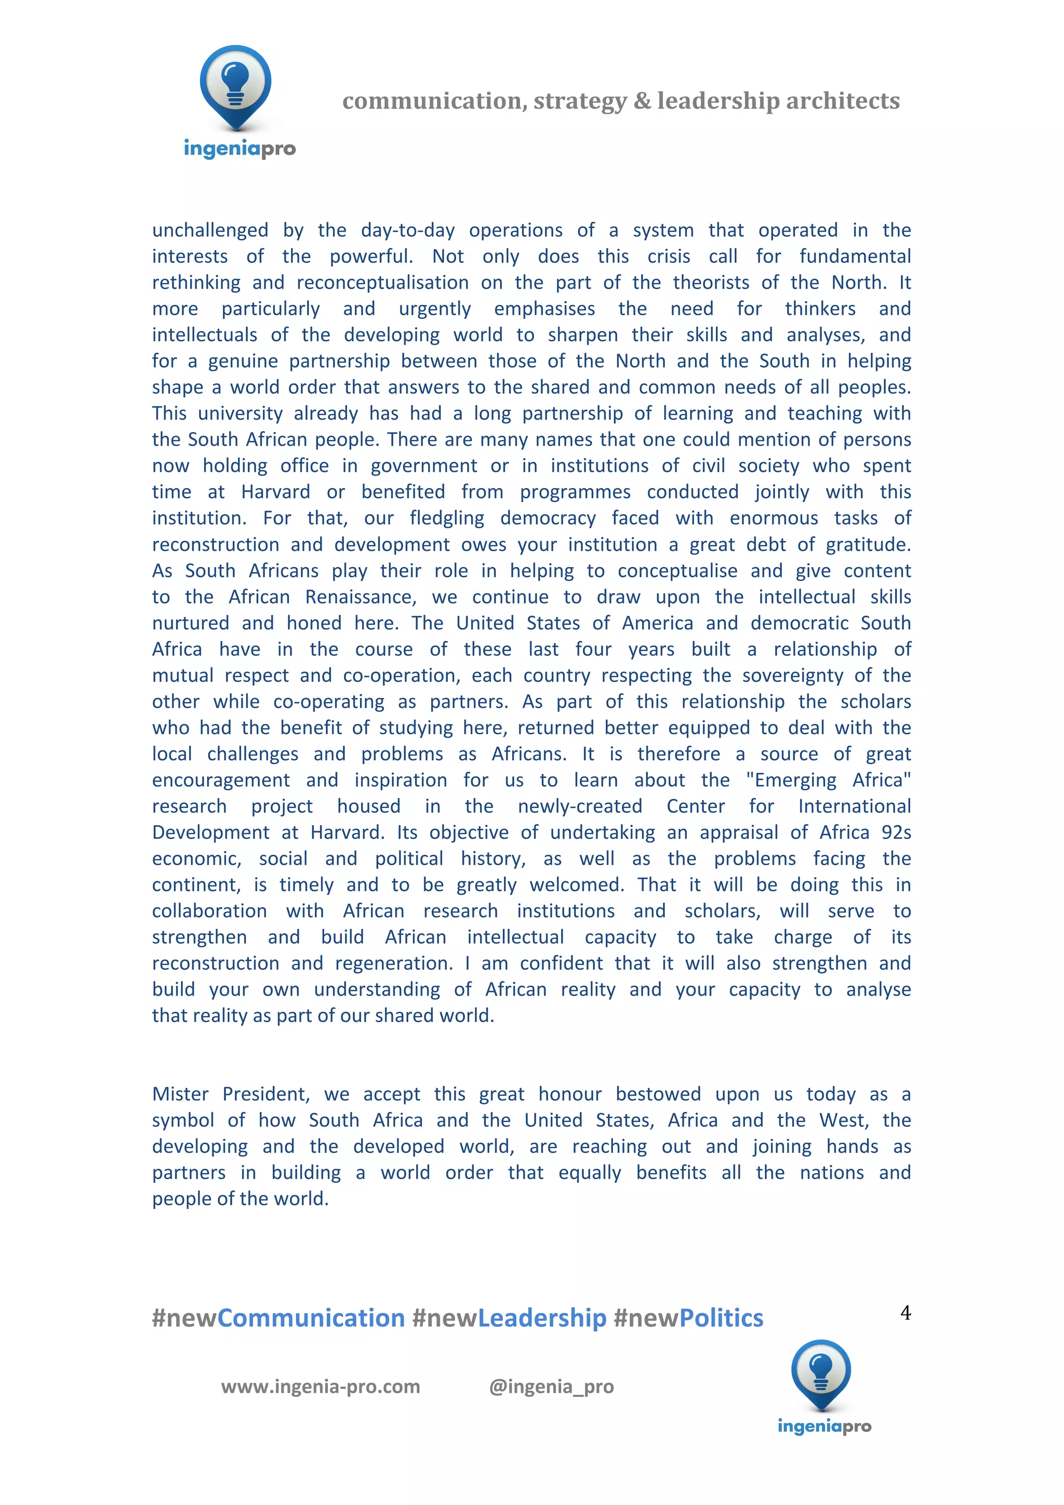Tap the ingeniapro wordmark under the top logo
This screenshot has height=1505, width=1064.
coord(240,149)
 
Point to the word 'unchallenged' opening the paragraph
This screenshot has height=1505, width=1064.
coord(210,230)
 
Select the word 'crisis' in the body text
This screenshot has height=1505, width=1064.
coord(669,257)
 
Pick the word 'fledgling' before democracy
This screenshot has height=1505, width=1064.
coord(446,518)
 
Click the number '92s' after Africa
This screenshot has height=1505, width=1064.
coord(896,832)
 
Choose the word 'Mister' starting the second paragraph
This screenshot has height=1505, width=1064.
coord(180,1094)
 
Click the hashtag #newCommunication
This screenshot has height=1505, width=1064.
coord(278,1318)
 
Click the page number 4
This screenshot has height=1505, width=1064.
coord(906,1312)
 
